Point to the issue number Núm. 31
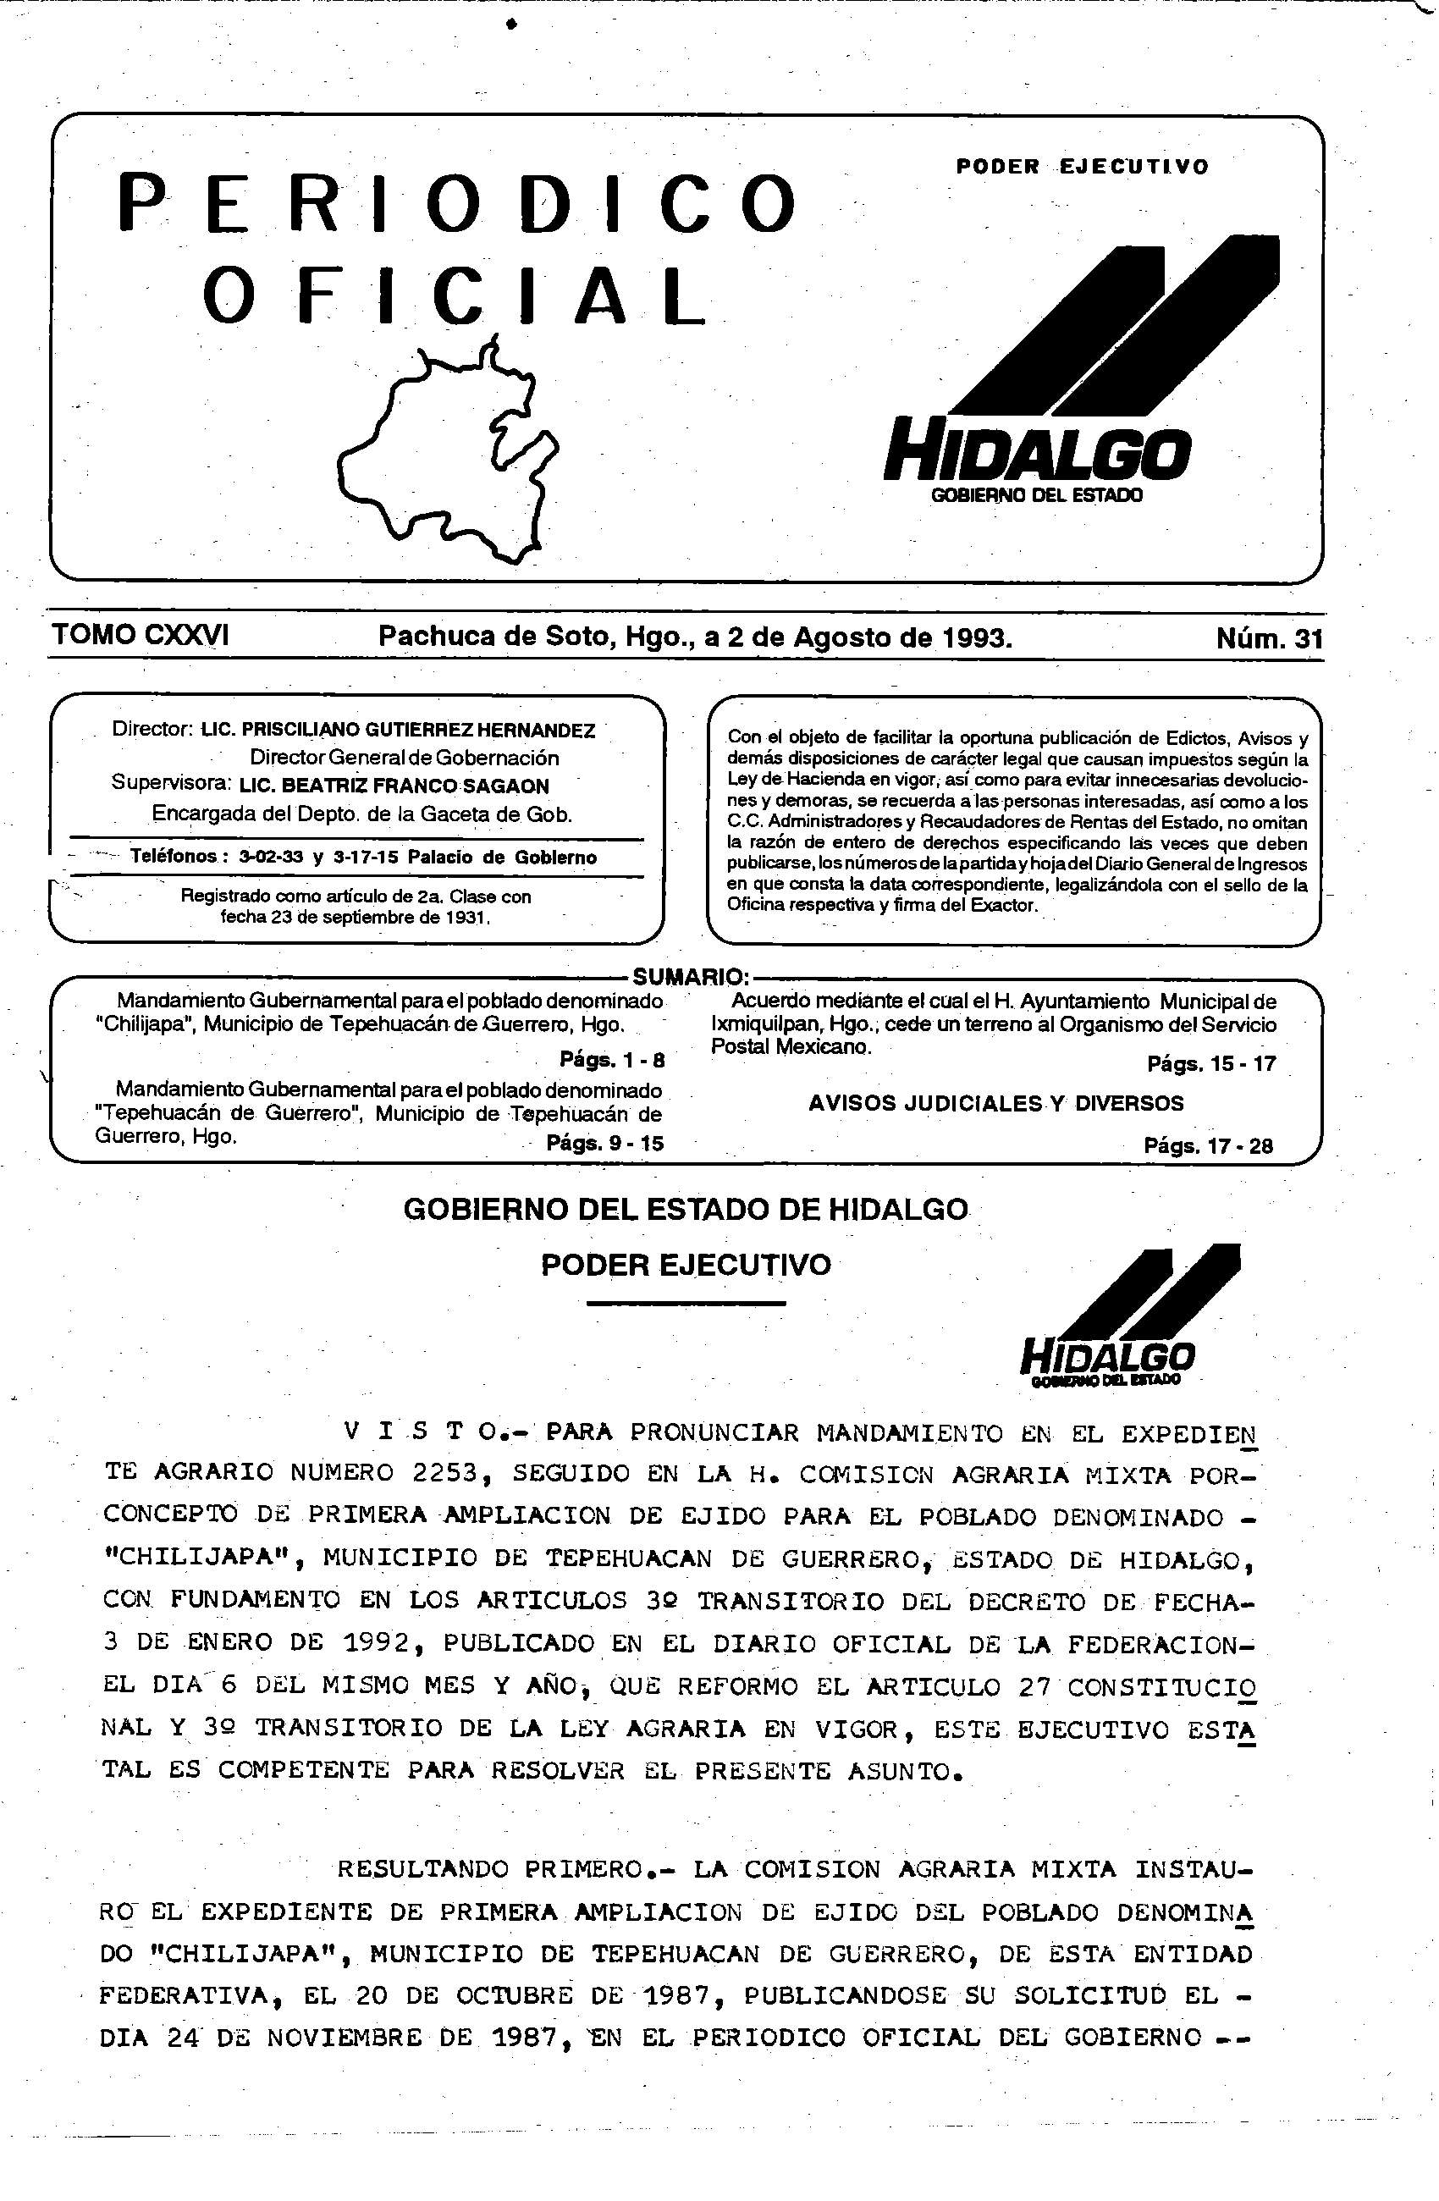pos(1269,638)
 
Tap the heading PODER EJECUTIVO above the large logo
pos(1082,167)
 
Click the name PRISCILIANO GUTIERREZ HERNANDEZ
pos(418,731)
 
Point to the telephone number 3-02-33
pos(271,858)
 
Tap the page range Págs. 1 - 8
pos(611,1060)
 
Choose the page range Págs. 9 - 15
pos(605,1143)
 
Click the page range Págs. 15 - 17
pos(1211,1063)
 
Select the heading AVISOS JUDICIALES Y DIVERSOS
pos(996,1103)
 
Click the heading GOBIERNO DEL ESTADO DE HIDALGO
pos(686,1210)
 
